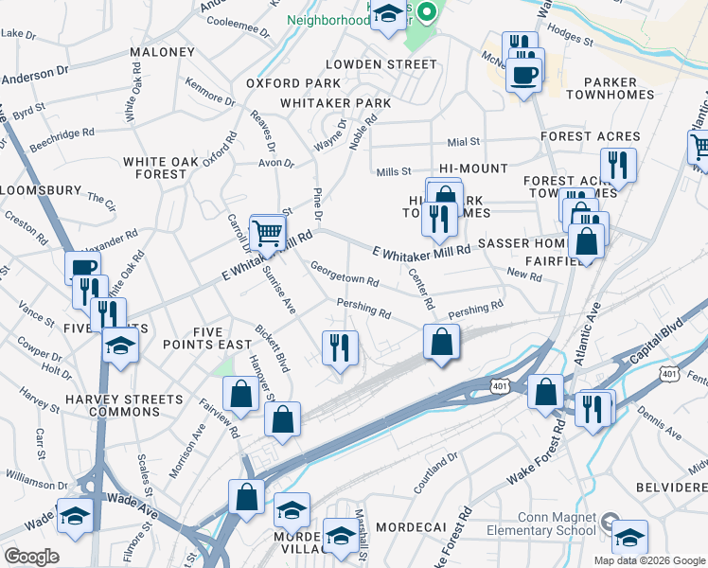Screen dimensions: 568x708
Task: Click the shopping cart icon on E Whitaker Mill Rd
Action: click(x=268, y=232)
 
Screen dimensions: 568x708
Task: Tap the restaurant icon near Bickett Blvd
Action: click(x=340, y=347)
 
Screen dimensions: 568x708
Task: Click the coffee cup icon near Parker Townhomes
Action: click(x=523, y=74)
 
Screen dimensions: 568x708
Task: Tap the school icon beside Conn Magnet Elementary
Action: click(x=628, y=537)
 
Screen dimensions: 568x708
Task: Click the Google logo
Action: click(x=31, y=557)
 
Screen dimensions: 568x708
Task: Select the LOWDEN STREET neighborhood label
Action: click(x=381, y=64)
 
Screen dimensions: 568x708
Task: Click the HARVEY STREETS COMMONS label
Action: click(x=112, y=406)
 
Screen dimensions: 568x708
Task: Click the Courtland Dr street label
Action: click(x=434, y=473)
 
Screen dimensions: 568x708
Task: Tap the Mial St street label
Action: click(x=464, y=141)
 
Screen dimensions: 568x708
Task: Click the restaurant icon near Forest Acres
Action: click(x=617, y=165)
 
